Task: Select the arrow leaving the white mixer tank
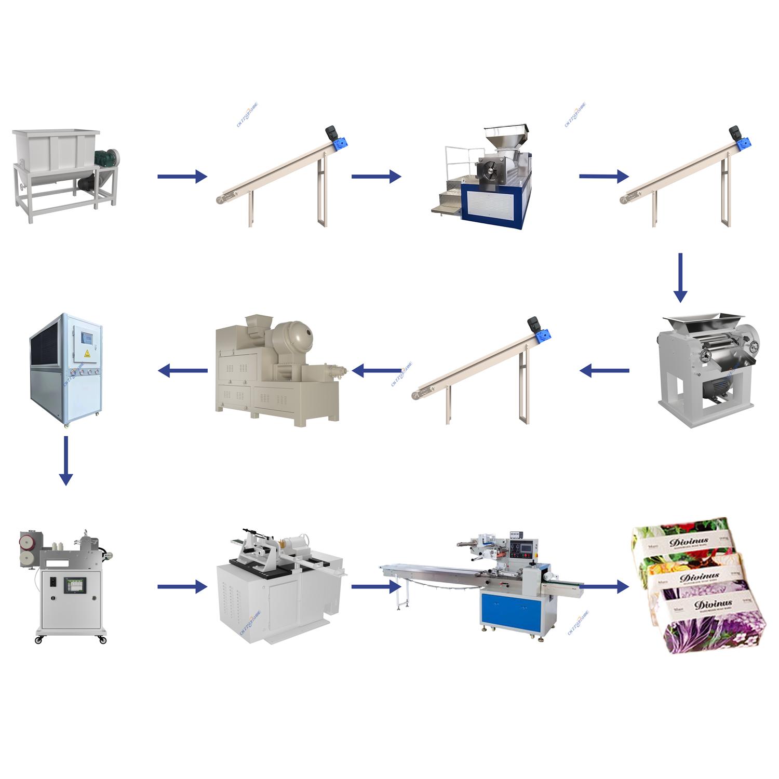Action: click(182, 177)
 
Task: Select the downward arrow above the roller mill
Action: click(680, 278)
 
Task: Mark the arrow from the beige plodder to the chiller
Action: click(182, 370)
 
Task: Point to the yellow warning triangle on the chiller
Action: click(87, 354)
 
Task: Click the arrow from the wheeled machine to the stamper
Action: click(182, 587)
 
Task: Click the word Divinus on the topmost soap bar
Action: click(689, 542)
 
